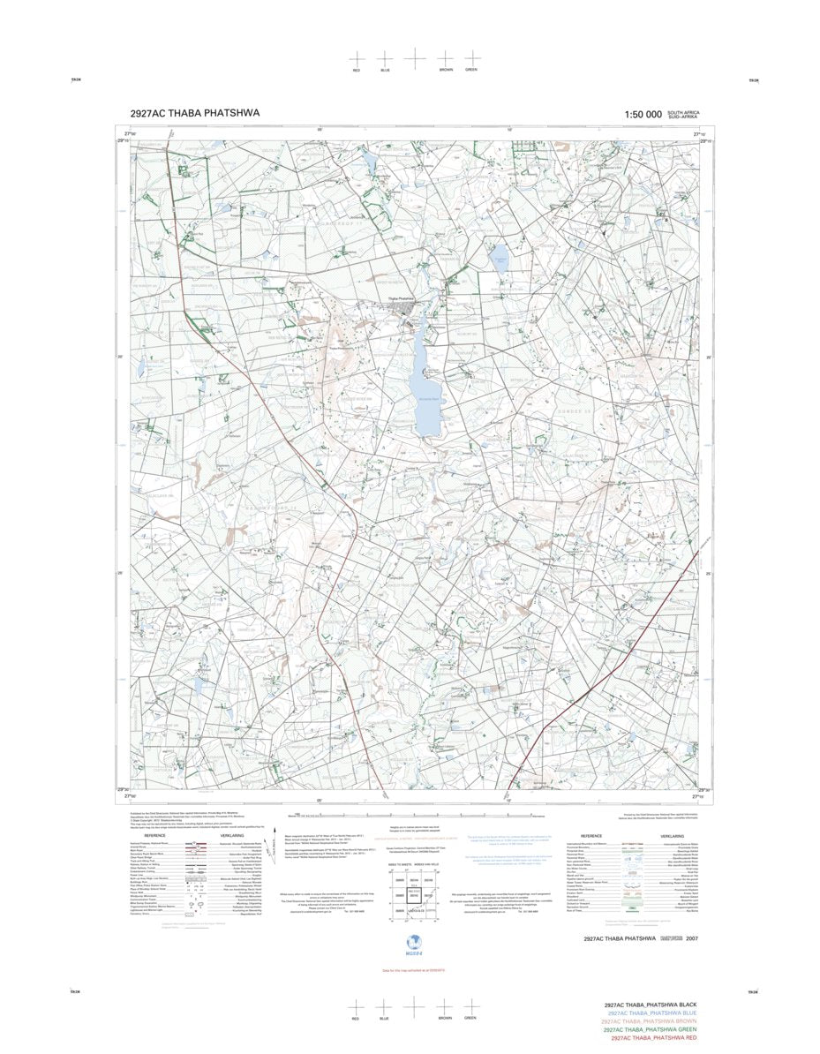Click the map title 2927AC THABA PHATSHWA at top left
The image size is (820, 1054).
coord(194,113)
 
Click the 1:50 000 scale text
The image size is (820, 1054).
coord(642,115)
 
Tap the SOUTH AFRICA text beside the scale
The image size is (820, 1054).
coord(682,113)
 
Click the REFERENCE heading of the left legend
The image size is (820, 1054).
coord(155,835)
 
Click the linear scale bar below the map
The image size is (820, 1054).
coord(415,817)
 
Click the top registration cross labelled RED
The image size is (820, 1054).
coord(357,57)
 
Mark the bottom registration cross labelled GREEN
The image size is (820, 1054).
coord(471,1006)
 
